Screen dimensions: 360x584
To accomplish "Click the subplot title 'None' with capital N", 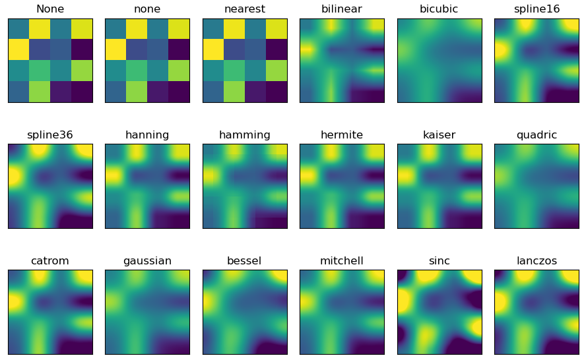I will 50,9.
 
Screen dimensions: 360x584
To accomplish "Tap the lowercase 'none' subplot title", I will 147,9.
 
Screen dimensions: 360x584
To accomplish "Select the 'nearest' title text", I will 245,9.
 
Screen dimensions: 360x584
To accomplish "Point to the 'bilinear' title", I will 342,9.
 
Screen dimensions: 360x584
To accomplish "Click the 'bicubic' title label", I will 439,9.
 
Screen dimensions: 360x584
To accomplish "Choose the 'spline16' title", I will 536,9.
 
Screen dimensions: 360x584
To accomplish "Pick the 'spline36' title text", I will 50,135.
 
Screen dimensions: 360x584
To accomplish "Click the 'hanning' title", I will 147,135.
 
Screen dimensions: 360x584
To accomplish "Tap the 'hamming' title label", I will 245,135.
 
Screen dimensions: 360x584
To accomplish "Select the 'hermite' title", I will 342,135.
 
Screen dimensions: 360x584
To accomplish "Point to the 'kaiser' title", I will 439,135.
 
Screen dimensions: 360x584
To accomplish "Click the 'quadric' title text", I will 536,135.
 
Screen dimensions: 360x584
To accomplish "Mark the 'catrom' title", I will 50,261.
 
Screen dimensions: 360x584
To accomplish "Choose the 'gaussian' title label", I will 147,261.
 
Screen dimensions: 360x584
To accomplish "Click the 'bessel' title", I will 245,261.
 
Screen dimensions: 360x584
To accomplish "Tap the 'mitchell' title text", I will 342,261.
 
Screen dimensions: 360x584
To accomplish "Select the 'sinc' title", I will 439,261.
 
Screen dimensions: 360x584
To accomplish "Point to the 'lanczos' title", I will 536,261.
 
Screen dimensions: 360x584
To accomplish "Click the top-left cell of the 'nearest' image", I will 213,29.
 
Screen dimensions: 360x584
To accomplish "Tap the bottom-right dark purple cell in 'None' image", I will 82,92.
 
